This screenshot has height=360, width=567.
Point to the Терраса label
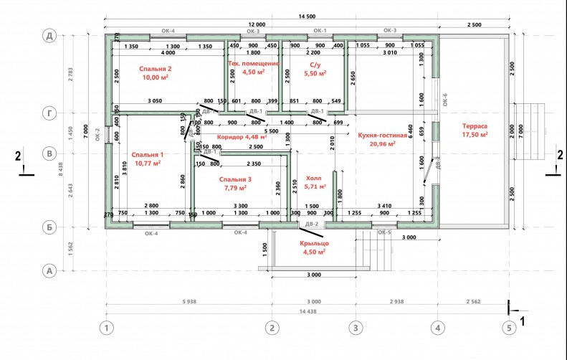pyautogui.click(x=475, y=123)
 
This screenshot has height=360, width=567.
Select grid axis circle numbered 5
pyautogui.click(x=509, y=328)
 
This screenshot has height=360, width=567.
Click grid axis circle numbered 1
pyautogui.click(x=106, y=328)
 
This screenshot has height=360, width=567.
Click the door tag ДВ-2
pyautogui.click(x=312, y=225)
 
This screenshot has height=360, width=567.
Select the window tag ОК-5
pyautogui.click(x=385, y=233)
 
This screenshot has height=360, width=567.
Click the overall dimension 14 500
pyautogui.click(x=310, y=16)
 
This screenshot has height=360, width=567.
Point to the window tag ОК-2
pyautogui.click(x=98, y=136)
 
